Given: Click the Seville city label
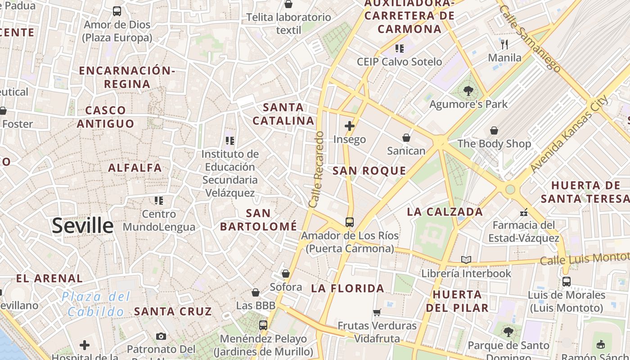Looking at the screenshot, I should coord(83,225).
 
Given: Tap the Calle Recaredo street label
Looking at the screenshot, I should coord(317,170).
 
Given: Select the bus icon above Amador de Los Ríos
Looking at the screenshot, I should coord(349,222).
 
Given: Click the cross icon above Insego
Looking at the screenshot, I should coord(349,126).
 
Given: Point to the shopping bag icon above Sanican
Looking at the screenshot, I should coord(406,137).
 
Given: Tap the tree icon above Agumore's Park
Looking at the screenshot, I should coord(468,91).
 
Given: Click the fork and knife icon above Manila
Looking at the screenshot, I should coord(504,44).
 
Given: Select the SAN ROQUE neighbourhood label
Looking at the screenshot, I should coord(369,171).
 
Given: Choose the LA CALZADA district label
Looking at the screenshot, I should coord(445,211).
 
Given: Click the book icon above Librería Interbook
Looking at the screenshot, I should coord(466,260).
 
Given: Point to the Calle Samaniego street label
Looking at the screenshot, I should coord(530,39).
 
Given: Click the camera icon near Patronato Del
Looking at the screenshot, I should coord(161,336).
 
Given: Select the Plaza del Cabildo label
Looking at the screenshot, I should coord(96,304).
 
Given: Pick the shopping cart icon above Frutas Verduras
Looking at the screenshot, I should coord(377,312).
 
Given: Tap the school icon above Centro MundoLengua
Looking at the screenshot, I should coord(158,200).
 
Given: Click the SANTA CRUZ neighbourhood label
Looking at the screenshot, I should coord(173,311).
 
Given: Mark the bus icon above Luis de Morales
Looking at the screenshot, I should coord(566,282).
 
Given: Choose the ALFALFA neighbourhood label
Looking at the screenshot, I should coord(135,168).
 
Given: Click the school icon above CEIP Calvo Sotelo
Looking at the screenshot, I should coord(399,48).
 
